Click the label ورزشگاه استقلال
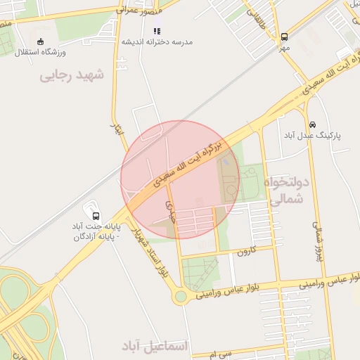pos(41,53)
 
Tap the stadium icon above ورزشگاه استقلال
pos(40,41)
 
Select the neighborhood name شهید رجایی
pos(72,74)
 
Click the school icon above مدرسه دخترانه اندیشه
pos(157,31)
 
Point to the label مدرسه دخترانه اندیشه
pos(157,41)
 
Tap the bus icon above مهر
pos(284,37)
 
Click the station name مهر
pos(283,47)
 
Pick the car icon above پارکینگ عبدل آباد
pos(312,124)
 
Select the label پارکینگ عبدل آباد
pos(312,135)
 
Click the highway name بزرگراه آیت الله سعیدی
pos(187,163)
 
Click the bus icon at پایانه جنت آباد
pos(96,216)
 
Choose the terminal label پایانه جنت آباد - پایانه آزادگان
pos(96,232)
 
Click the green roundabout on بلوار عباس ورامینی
pos(181,296)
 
